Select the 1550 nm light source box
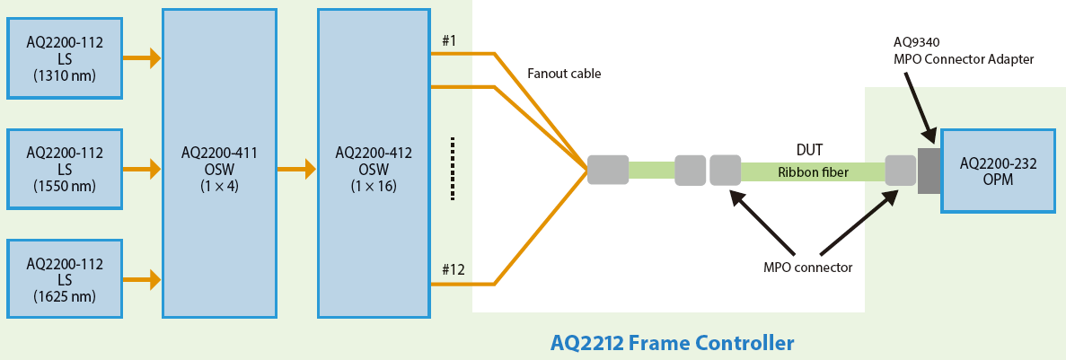click(x=65, y=168)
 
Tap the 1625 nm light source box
click(x=65, y=278)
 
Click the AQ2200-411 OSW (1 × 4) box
click(x=219, y=163)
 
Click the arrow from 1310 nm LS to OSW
click(x=142, y=58)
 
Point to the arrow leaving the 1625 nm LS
click(x=142, y=280)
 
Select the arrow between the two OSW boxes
click(x=297, y=168)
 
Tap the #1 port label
click(x=449, y=40)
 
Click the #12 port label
click(x=452, y=268)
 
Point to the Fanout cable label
click(x=564, y=74)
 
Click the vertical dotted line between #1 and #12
click(x=453, y=168)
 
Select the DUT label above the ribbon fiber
click(x=809, y=150)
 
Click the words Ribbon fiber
click(x=812, y=171)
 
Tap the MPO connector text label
click(x=807, y=267)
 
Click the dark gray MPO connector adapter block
click(x=928, y=170)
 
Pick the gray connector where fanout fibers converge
click(x=608, y=170)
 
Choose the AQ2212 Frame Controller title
click(x=672, y=342)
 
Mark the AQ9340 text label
click(x=916, y=41)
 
